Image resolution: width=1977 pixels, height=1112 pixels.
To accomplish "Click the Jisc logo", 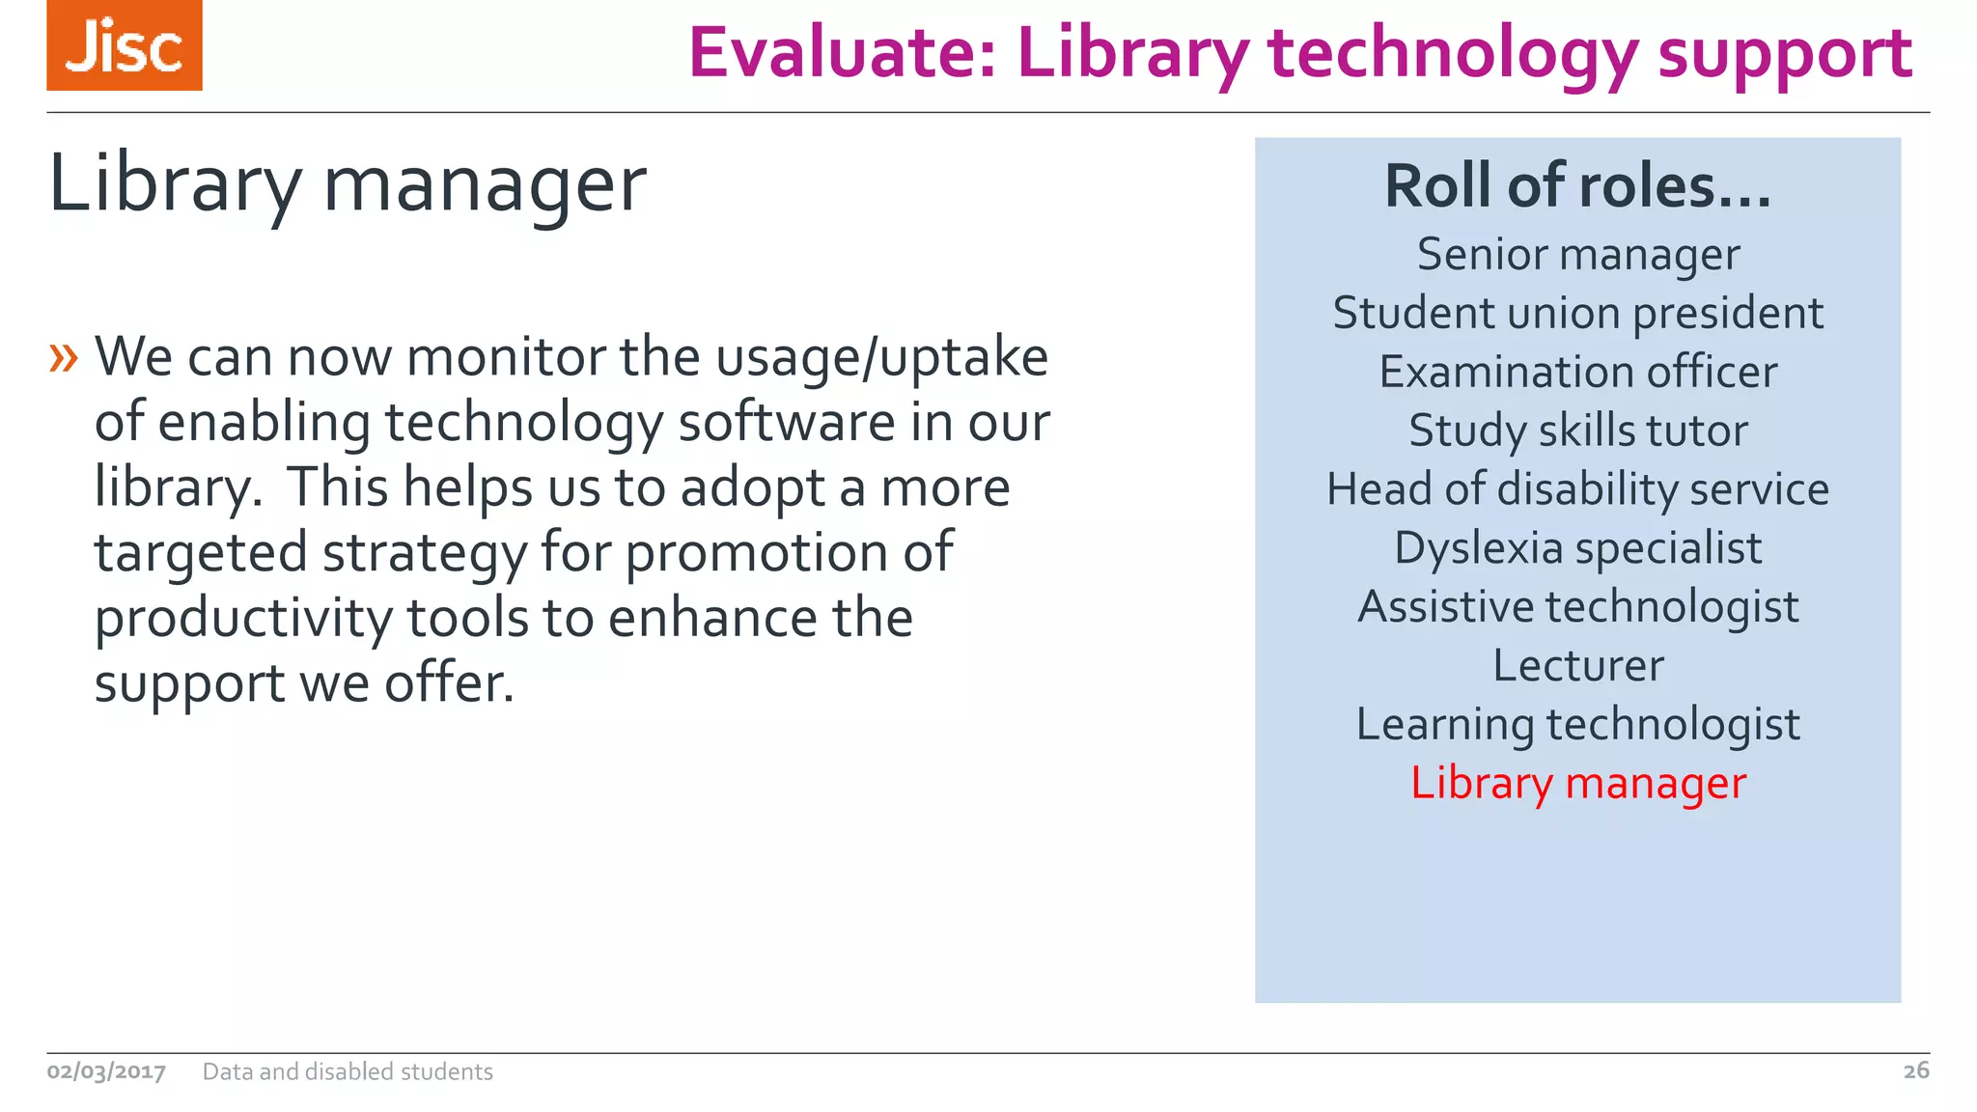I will [x=125, y=45].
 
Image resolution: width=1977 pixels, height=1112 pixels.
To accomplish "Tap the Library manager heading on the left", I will [x=348, y=183].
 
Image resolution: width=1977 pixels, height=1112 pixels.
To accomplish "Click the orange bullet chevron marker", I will [x=64, y=358].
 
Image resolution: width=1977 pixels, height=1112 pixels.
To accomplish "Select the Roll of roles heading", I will [x=1577, y=185].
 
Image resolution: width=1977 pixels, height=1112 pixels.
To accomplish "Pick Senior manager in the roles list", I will [x=1577, y=255].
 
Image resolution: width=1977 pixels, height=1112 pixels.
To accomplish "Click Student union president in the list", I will [x=1577, y=314].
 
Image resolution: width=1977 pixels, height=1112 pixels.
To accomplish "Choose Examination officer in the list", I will [x=1577, y=373].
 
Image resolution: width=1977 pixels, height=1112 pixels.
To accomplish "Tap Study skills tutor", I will [x=1577, y=431].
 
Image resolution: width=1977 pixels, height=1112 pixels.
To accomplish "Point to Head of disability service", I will [x=1577, y=489].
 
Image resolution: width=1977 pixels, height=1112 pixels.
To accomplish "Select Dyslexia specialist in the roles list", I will [x=1577, y=548].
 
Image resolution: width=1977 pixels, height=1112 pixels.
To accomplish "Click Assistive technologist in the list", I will [x=1577, y=607].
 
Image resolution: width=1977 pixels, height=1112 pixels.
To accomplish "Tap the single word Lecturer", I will [x=1577, y=666].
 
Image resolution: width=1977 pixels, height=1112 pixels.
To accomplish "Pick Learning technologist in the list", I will [x=1577, y=725].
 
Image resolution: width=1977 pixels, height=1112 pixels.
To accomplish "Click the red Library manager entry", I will [x=1577, y=783].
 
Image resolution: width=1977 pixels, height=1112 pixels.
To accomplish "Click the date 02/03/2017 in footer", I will [x=106, y=1071].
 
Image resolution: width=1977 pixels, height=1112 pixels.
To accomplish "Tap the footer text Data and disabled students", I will [x=348, y=1071].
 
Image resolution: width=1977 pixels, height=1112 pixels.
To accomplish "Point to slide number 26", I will [x=1915, y=1070].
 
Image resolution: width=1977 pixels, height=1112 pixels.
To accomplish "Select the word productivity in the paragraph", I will [x=242, y=619].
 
